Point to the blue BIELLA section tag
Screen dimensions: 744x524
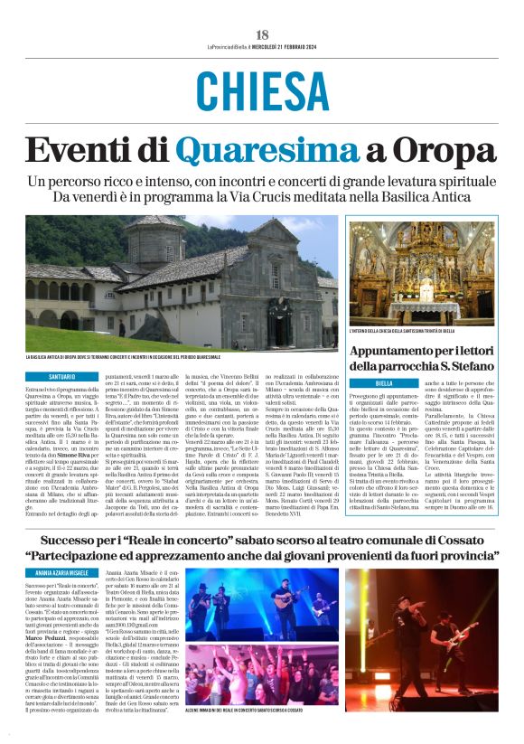(x=383, y=383)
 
